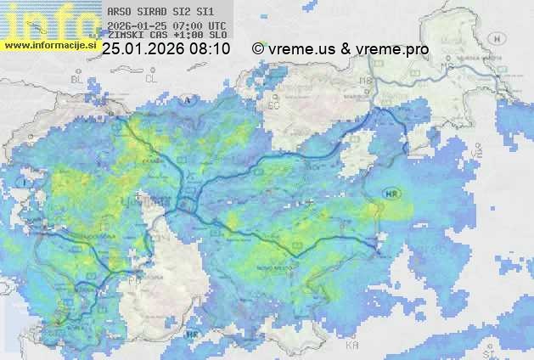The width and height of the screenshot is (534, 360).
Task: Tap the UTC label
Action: pos(216,26)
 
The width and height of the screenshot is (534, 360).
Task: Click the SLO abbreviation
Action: pos(217,37)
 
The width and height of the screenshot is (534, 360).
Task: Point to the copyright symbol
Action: pos(258,49)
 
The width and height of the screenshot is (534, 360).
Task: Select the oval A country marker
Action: pos(188,100)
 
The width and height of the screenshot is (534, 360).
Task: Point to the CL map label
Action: pos(151,78)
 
